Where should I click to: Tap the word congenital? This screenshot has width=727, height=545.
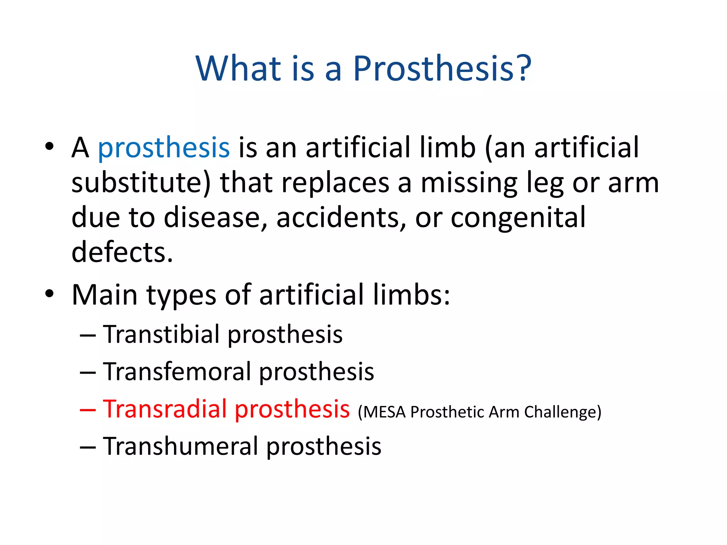point(518,218)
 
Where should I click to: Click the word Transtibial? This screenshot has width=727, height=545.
point(162,334)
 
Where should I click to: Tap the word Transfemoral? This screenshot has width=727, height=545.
point(177,371)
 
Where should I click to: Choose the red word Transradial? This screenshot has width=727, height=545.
point(165,409)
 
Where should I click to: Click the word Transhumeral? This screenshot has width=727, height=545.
point(181,446)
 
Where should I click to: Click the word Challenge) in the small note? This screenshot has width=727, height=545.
point(563,412)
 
